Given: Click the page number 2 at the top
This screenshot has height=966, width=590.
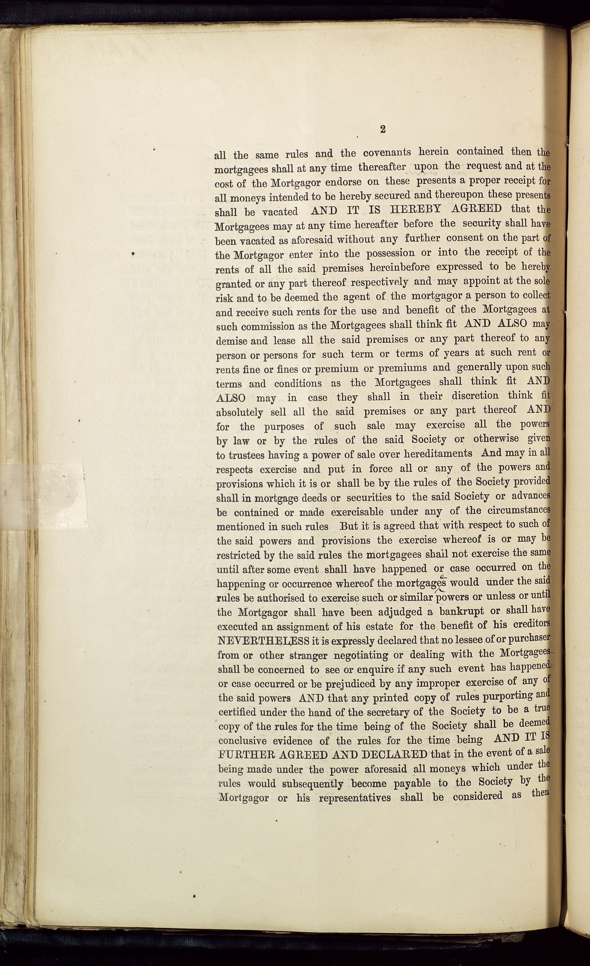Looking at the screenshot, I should [x=383, y=130].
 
